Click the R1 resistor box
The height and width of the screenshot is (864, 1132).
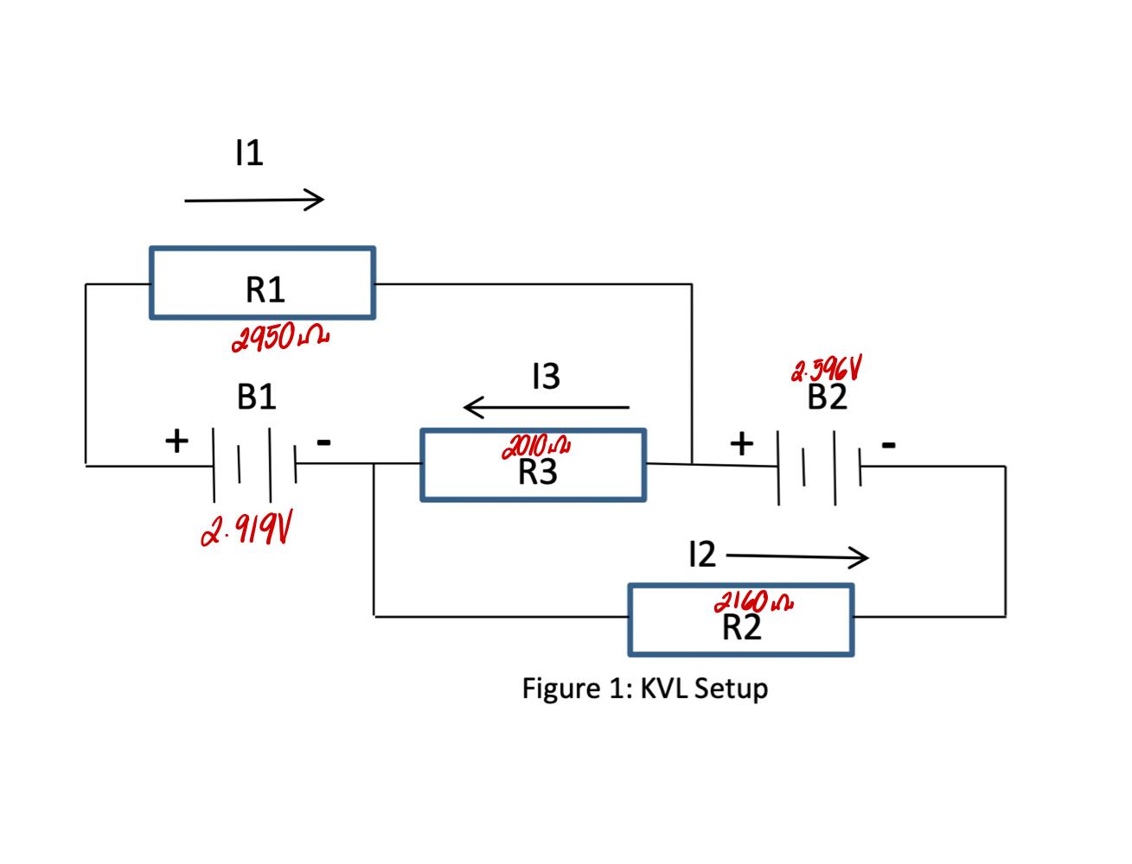[262, 283]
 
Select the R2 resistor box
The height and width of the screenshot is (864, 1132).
[741, 620]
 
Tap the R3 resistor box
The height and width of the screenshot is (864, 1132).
[533, 466]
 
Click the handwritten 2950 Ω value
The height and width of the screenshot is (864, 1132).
[280, 338]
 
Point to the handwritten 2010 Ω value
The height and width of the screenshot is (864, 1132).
[535, 447]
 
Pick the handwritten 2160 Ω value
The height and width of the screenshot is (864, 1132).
[752, 601]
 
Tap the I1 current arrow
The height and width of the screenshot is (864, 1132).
[254, 200]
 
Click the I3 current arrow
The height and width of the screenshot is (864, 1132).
[546, 406]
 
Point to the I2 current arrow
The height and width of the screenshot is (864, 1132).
[796, 557]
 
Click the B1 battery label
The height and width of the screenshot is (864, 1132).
[257, 397]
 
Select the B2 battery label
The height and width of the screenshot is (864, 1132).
[827, 398]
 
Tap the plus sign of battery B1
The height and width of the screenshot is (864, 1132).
[176, 441]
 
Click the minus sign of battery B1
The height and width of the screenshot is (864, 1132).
[323, 442]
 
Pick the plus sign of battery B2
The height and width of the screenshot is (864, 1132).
[741, 443]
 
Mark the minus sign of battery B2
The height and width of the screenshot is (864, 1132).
[888, 444]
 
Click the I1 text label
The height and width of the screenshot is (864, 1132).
[248, 153]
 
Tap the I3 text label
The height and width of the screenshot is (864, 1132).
[546, 376]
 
